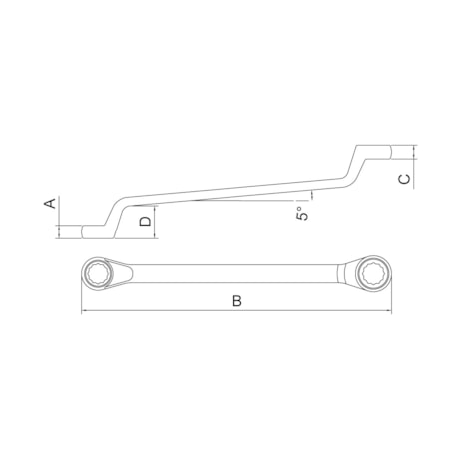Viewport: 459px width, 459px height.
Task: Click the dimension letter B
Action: [236, 300]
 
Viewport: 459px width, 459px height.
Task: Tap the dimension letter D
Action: [146, 221]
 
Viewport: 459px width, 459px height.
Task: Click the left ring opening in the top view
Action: [101, 273]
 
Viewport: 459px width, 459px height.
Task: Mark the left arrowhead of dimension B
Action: [84, 311]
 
